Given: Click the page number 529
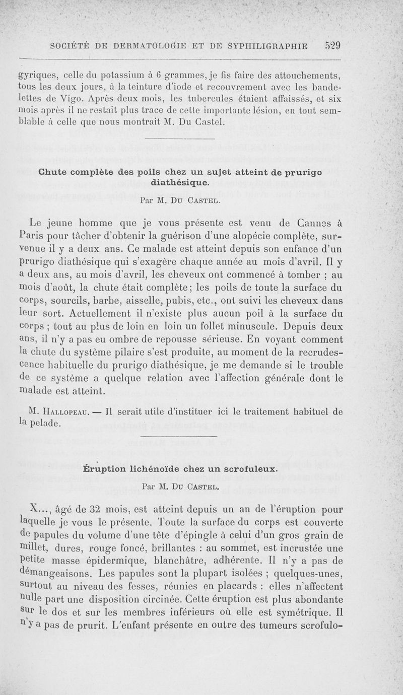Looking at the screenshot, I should pyautogui.click(x=332, y=45).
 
